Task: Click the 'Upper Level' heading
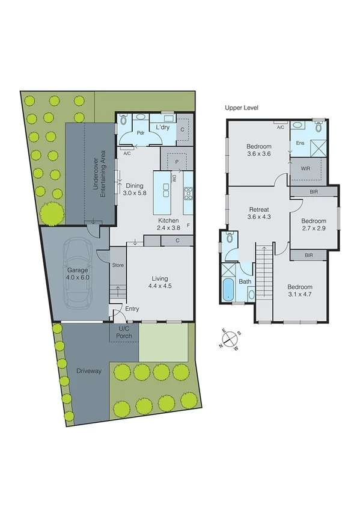(241, 108)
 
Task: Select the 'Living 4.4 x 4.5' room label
(159, 282)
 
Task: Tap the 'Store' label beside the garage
(118, 265)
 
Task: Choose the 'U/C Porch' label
(124, 332)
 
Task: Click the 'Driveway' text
(88, 371)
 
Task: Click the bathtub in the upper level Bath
(228, 289)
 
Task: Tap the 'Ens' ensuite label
(299, 143)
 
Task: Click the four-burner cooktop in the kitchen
(188, 193)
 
